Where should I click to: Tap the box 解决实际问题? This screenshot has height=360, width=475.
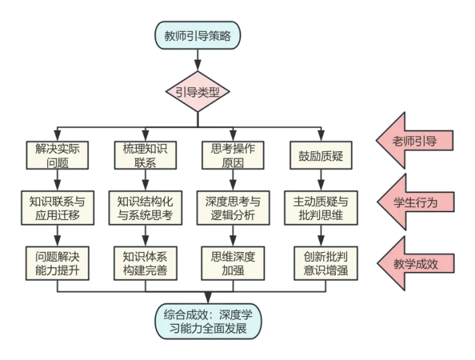pyautogui.click(x=58, y=155)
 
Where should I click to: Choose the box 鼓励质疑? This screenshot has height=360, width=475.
pyautogui.click(x=321, y=155)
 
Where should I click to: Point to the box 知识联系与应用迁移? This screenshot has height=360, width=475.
pyautogui.click(x=58, y=208)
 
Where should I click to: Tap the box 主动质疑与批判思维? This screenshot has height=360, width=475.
pyautogui.click(x=321, y=208)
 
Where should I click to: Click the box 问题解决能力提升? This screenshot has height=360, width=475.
pyautogui.click(x=58, y=263)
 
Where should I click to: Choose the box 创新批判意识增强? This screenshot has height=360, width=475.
pyautogui.click(x=321, y=263)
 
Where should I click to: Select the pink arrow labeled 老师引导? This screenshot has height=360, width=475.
pyautogui.click(x=415, y=141)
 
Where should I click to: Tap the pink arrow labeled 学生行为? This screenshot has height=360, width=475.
pyautogui.click(x=415, y=202)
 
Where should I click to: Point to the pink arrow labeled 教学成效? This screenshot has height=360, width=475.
pyautogui.click(x=415, y=263)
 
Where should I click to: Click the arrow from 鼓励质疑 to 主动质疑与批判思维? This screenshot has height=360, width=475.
pyautogui.click(x=321, y=180)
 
